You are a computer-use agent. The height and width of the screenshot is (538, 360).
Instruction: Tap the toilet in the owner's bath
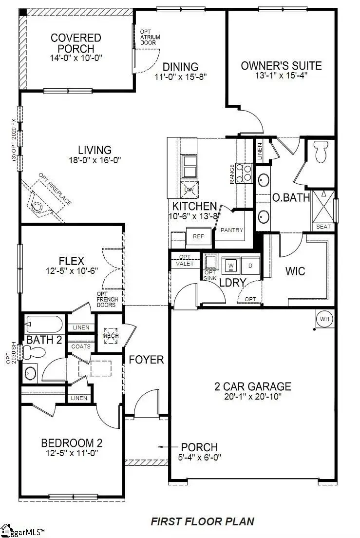click(321, 152)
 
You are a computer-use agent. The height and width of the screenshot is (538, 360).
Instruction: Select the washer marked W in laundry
click(231, 265)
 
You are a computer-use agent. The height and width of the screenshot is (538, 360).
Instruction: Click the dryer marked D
click(250, 265)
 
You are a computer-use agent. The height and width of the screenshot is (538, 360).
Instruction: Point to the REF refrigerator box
click(198, 236)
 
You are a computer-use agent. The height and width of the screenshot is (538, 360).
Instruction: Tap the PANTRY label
click(232, 230)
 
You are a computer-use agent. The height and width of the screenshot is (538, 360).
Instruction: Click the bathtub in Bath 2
click(44, 324)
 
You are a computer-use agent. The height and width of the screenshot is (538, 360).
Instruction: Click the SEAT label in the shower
click(323, 227)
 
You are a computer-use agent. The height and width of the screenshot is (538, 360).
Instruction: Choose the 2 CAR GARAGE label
click(253, 386)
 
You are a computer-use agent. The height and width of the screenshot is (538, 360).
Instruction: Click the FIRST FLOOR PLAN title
click(202, 521)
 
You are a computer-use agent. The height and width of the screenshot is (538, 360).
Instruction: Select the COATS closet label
click(80, 346)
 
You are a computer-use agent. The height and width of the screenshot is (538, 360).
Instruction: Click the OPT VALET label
click(185, 260)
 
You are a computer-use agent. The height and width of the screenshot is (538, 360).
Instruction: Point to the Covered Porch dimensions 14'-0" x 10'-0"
click(76, 58)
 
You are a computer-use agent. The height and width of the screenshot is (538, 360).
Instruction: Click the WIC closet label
click(295, 270)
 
